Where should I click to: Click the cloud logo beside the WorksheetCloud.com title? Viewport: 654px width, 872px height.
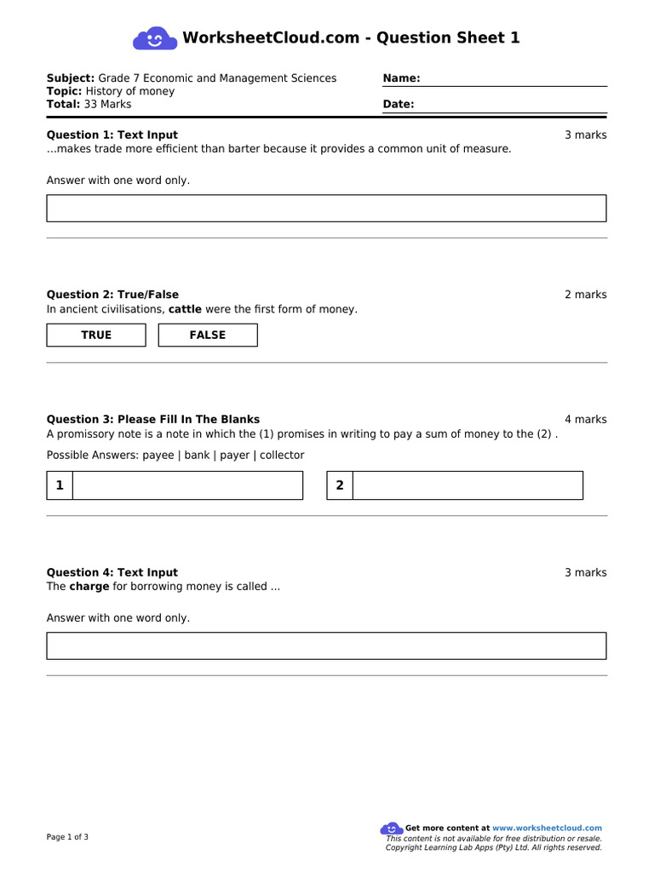155,38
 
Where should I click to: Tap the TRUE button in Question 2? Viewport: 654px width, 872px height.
96,336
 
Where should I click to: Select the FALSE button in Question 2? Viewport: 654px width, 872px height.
208,336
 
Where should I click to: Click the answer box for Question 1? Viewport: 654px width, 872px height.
326,208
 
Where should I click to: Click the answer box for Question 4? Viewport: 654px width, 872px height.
326,645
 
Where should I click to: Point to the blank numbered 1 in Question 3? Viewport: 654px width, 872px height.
187,485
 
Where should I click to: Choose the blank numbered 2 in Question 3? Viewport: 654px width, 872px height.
468,485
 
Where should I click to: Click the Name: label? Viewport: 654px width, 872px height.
401,78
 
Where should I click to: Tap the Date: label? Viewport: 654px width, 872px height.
399,105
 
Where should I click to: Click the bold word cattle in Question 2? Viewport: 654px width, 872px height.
185,309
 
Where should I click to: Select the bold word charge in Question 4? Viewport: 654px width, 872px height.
89,587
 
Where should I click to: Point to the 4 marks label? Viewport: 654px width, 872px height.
585,419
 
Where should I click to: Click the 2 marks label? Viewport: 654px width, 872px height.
585,295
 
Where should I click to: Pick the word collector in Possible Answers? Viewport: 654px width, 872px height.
282,456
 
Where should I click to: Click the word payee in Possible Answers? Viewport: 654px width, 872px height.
158,456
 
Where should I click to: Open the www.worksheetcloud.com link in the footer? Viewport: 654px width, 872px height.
547,828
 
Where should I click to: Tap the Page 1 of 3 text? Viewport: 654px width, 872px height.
67,837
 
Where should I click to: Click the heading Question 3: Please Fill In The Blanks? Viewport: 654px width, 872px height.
153,419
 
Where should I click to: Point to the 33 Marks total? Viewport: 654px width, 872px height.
108,105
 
